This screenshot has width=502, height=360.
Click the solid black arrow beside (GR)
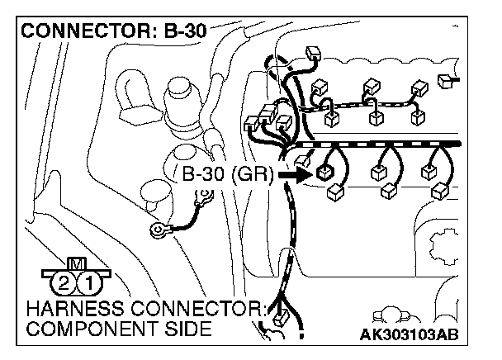(294, 175)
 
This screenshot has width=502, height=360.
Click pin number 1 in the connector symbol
(94, 285)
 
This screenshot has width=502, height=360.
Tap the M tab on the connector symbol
(78, 264)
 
